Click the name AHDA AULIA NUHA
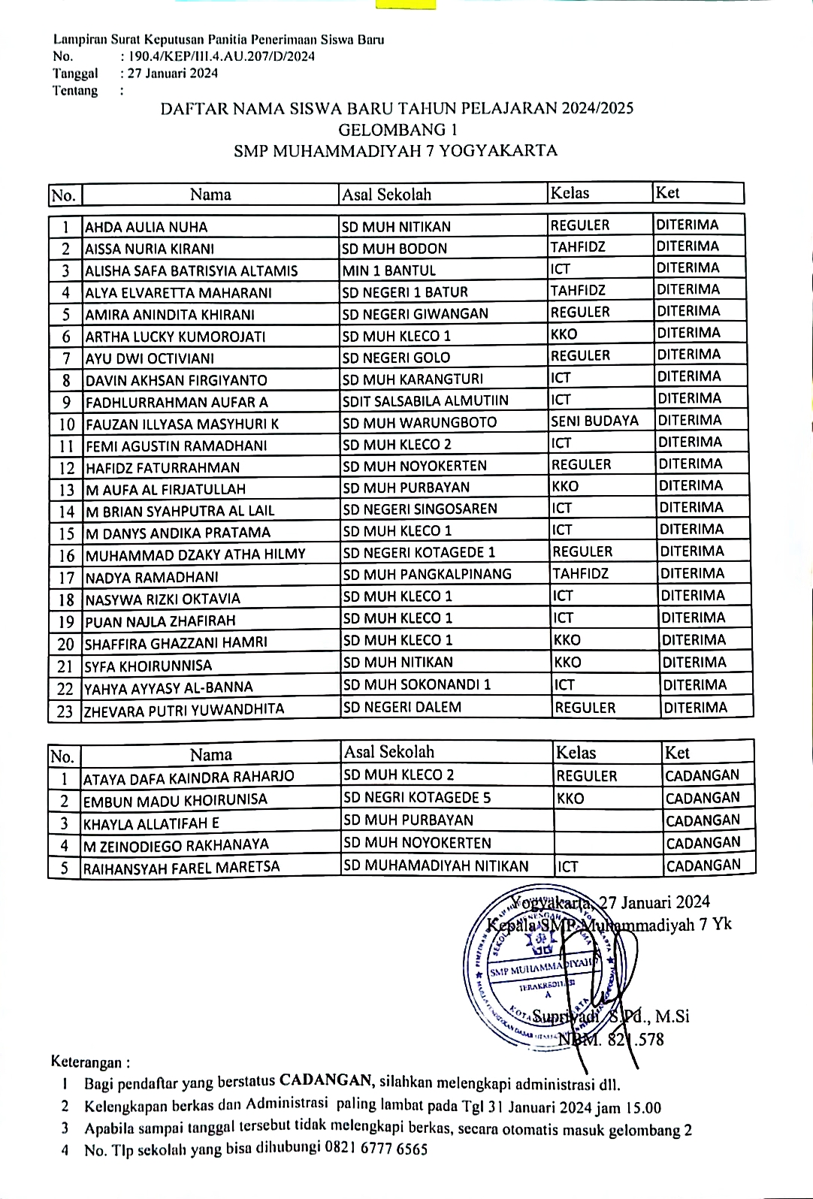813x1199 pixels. [146, 227]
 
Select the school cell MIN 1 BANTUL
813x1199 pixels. [388, 270]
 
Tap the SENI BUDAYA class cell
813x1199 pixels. [594, 421]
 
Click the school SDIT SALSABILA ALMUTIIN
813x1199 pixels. [425, 400]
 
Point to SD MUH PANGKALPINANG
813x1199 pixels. [427, 575]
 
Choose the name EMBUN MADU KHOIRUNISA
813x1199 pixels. [175, 800]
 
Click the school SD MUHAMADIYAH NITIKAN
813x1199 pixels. [436, 866]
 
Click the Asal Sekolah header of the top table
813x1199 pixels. [387, 195]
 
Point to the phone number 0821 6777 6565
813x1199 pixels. [376, 1149]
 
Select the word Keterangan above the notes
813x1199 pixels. [86, 1062]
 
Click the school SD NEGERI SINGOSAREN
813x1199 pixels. [420, 509]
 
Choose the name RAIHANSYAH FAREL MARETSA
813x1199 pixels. [181, 868]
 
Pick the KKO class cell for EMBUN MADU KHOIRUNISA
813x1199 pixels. [570, 799]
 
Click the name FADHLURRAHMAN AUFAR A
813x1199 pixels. [177, 402]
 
